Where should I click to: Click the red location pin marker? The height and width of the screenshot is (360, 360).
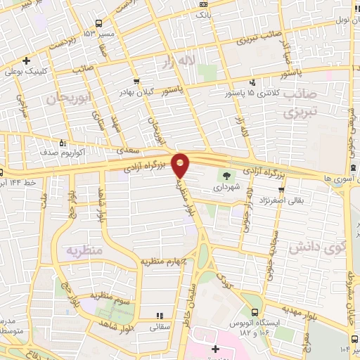[181, 165]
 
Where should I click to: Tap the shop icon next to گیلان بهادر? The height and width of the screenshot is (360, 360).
[136, 82]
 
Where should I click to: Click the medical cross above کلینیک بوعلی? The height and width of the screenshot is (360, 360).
[26, 60]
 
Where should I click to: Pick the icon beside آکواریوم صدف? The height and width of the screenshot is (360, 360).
[63, 143]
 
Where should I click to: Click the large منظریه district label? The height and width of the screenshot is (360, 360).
[85, 251]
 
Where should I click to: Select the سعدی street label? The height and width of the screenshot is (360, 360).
[129, 150]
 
